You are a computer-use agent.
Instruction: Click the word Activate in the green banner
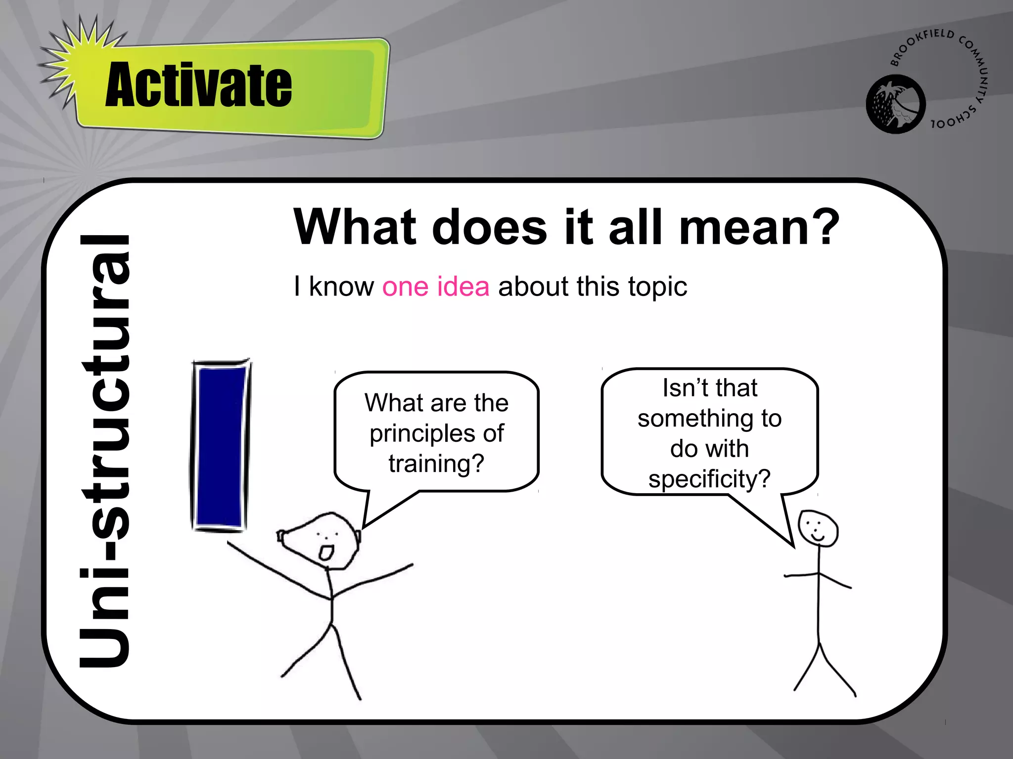[198, 84]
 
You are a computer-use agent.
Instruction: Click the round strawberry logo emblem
[895, 104]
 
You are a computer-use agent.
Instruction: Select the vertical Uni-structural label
[105, 451]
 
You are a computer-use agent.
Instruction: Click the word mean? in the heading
[759, 227]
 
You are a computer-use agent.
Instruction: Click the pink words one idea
[436, 287]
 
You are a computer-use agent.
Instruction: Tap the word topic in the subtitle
[657, 287]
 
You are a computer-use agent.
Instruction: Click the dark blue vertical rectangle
[220, 446]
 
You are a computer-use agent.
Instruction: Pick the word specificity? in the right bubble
[709, 479]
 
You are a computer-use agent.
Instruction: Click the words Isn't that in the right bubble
[710, 388]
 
